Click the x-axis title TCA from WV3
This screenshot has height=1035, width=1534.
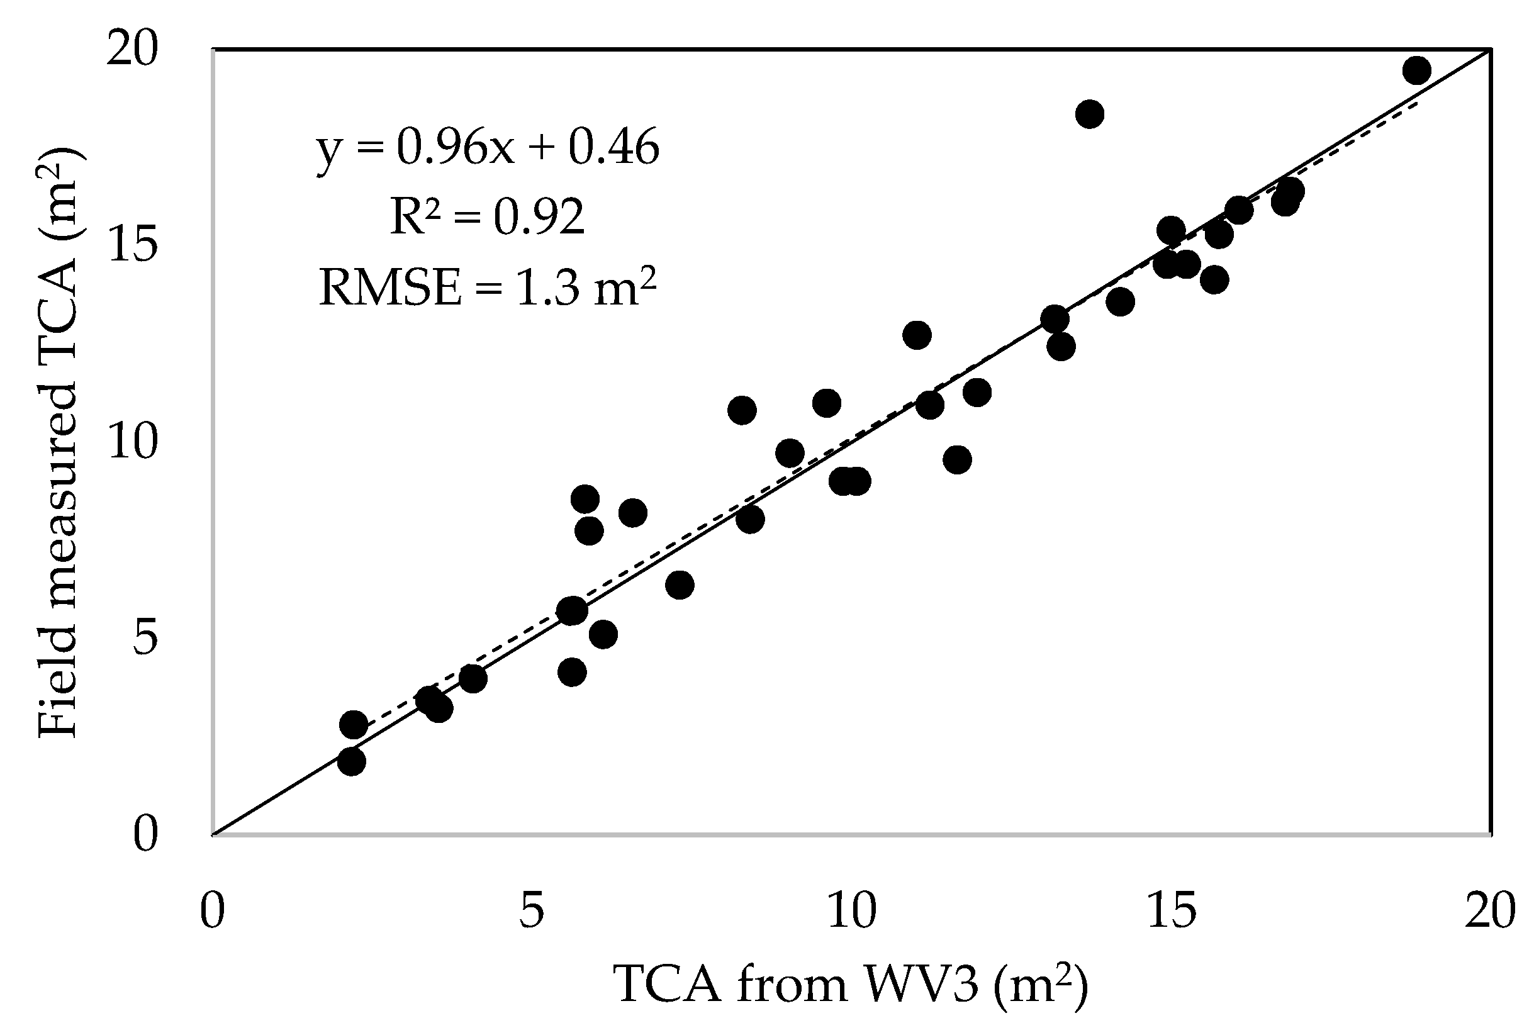[851, 985]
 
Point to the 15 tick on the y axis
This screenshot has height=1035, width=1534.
[133, 244]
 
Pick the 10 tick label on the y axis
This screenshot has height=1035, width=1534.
[133, 441]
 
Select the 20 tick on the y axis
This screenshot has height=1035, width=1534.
[133, 50]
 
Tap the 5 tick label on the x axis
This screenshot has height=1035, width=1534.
[531, 912]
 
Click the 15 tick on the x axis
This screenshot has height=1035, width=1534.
[1172, 912]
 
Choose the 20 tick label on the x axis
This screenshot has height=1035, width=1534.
[1490, 912]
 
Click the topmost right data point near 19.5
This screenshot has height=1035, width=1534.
[1416, 70]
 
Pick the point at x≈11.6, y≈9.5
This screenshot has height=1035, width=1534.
[957, 459]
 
